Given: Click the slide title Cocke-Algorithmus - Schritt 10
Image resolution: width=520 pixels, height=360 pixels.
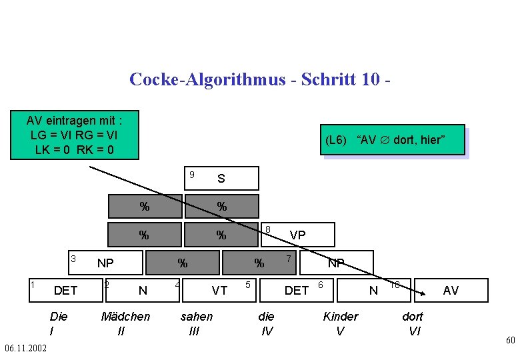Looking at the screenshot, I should [x=259, y=80].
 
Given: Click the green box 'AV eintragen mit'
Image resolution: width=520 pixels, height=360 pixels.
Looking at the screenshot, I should [x=74, y=135].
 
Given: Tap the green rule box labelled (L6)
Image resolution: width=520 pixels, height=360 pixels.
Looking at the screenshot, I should [x=393, y=140].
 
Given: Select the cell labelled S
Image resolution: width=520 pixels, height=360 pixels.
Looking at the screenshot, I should [x=221, y=179].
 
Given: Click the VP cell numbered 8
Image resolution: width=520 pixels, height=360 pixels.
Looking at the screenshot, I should [x=297, y=235].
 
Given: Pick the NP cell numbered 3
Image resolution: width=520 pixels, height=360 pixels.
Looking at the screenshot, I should [x=105, y=263].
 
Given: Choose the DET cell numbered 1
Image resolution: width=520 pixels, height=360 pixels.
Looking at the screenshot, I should [x=65, y=290].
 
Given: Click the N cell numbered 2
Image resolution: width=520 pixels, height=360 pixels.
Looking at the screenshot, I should [x=142, y=290].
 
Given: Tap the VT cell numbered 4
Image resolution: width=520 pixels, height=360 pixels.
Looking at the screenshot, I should [x=219, y=290].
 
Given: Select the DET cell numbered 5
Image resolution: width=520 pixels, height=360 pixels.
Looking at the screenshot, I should [x=296, y=290].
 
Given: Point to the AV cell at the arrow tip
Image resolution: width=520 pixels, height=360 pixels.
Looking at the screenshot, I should [x=451, y=290].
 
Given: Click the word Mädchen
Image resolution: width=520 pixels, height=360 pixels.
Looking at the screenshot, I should [x=125, y=317].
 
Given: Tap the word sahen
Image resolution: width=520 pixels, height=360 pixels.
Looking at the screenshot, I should [x=197, y=317].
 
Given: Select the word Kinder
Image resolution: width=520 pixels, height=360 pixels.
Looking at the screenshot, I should [x=341, y=317].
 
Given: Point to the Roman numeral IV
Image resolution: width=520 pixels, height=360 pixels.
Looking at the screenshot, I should [x=266, y=331].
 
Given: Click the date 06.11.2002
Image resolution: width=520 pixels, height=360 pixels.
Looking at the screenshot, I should [x=25, y=349].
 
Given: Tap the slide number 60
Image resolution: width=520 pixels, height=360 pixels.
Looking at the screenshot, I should [x=510, y=341].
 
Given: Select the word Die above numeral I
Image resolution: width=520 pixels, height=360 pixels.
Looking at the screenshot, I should [x=58, y=317].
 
